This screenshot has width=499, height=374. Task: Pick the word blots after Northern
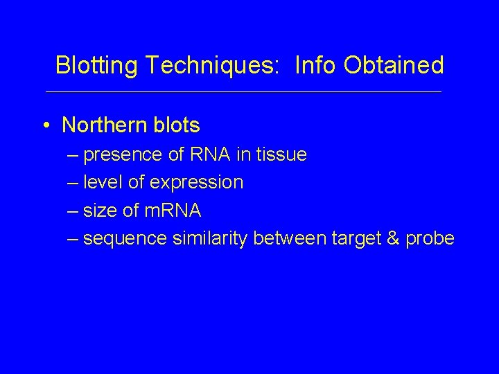177,125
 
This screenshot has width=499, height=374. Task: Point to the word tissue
281,154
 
